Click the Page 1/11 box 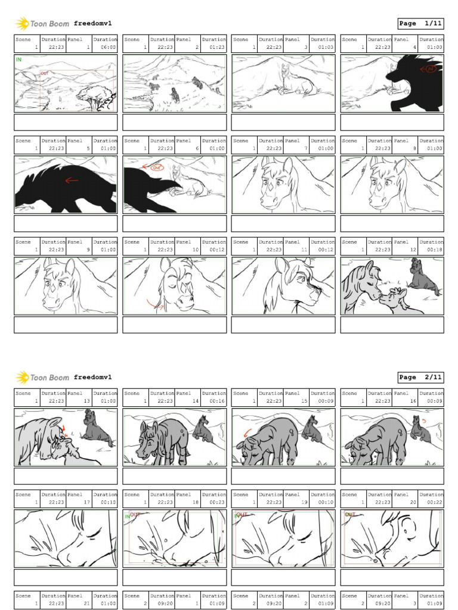click(x=420, y=24)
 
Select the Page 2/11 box click(x=420, y=377)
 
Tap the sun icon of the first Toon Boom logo click(x=22, y=24)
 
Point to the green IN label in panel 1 click(x=19, y=60)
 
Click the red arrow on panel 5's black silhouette click(x=72, y=180)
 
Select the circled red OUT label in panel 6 click(x=157, y=168)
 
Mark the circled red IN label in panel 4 click(x=430, y=69)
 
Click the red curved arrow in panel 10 click(x=156, y=306)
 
